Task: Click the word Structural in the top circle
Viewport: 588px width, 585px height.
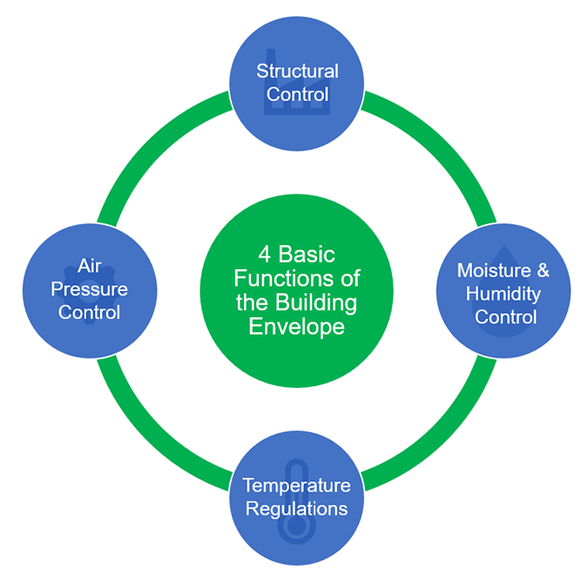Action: [x=296, y=71]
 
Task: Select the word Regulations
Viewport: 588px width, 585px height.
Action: [x=296, y=507]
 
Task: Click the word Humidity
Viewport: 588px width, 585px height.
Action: [x=503, y=293]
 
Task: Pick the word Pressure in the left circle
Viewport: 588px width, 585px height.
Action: [x=89, y=289]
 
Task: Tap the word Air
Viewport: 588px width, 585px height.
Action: [x=89, y=266]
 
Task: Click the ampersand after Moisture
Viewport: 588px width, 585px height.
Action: [x=541, y=270]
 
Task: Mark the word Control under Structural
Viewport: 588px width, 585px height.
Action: [x=296, y=93]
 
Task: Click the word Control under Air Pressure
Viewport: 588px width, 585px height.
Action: [x=89, y=311]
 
